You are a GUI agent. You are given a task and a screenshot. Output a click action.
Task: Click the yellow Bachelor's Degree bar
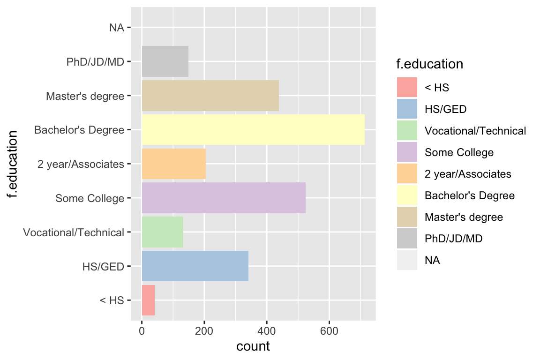(253, 130)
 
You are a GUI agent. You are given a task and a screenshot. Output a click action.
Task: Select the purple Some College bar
(224, 198)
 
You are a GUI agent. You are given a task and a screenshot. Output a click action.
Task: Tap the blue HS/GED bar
(195, 266)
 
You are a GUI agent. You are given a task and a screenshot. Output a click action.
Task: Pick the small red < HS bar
(148, 300)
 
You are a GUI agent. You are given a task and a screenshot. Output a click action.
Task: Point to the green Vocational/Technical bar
(162, 232)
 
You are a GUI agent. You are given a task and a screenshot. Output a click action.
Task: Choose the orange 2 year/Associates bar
(173, 164)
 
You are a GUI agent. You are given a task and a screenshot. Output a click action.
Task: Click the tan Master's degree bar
(210, 96)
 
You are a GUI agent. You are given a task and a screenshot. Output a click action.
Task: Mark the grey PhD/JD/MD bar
(165, 61)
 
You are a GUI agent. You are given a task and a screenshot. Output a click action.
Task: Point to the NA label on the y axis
(116, 28)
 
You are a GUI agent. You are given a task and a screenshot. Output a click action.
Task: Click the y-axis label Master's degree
(85, 96)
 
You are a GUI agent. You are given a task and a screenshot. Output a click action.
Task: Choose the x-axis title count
(253, 347)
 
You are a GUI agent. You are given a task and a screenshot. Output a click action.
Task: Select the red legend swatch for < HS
(407, 88)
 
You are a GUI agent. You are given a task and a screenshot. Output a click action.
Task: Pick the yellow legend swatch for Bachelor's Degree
(407, 195)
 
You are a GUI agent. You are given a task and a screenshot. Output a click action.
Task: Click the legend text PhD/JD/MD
(453, 239)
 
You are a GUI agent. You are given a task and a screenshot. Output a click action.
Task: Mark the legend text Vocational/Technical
(475, 131)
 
